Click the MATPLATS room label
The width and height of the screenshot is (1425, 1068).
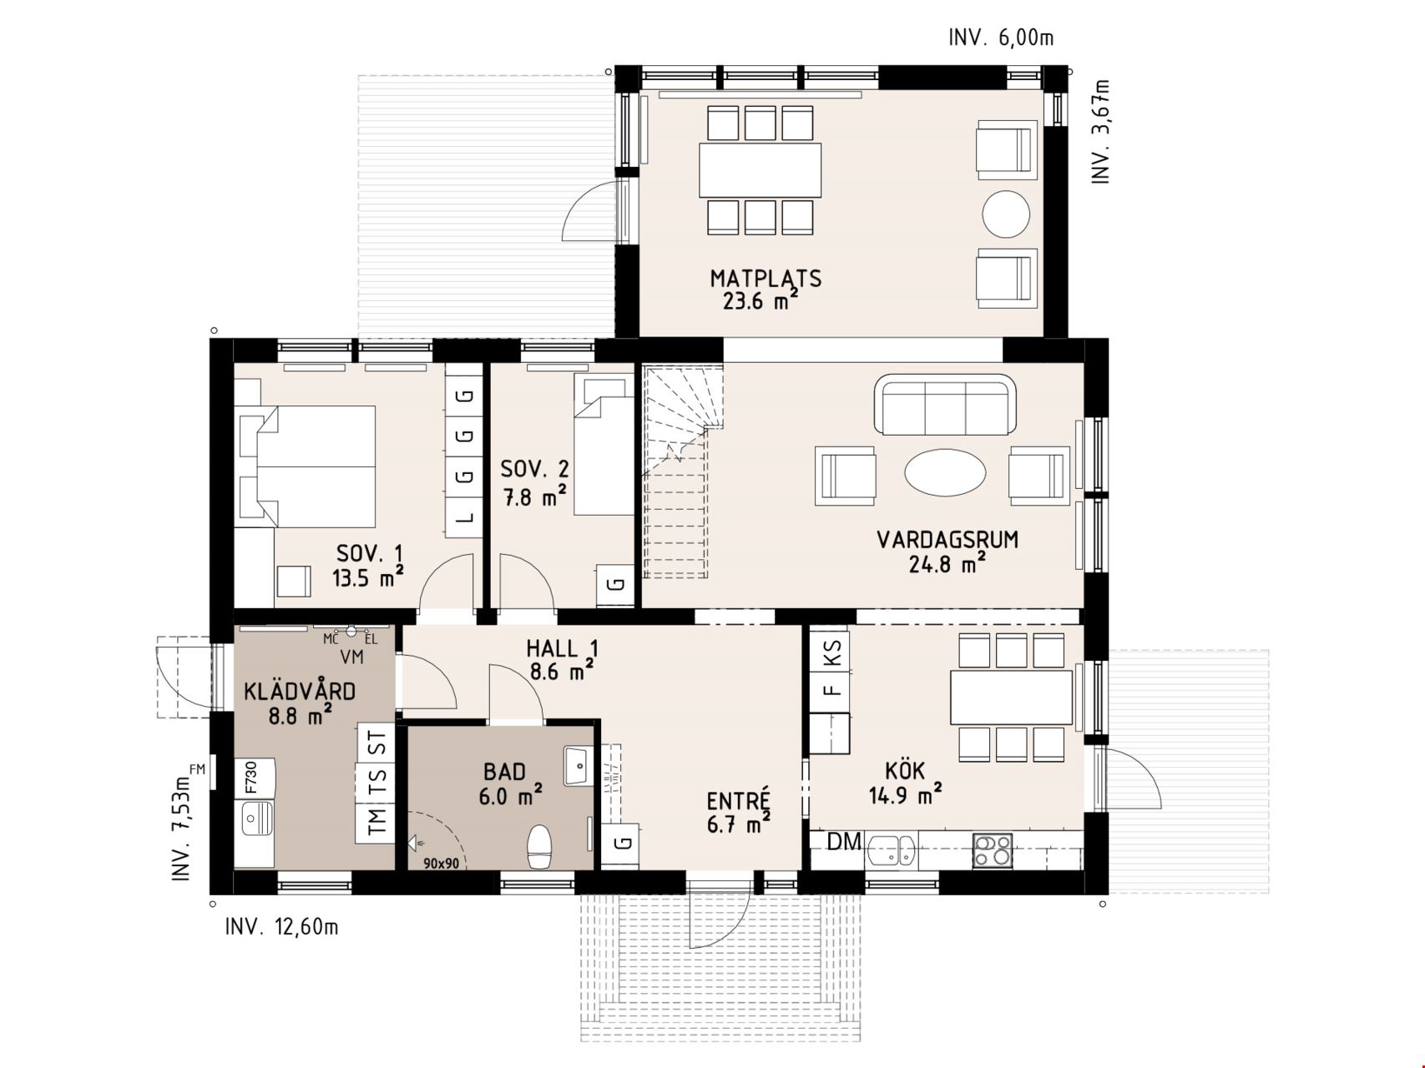(766, 279)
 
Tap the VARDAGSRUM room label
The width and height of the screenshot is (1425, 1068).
(947, 539)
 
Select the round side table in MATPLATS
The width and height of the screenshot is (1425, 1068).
(1006, 214)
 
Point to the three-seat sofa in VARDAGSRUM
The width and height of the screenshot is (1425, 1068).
(945, 405)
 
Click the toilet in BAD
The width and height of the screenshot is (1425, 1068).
(539, 846)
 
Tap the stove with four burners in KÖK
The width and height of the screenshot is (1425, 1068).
(993, 851)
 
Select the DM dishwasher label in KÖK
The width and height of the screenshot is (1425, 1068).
(844, 842)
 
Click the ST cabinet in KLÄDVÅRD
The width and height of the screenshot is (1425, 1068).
(376, 743)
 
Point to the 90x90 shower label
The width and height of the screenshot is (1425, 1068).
(441, 864)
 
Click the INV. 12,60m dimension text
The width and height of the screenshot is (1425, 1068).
(282, 927)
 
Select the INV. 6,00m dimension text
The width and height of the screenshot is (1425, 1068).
(1001, 38)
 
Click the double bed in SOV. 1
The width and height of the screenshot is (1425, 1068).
(316, 466)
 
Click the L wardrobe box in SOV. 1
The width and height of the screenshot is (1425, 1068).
(464, 517)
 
